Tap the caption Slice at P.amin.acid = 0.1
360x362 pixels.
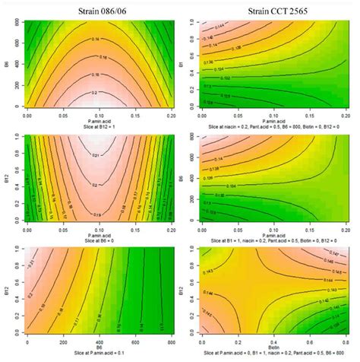pos(92,354)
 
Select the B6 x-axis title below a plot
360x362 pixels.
pos(92,348)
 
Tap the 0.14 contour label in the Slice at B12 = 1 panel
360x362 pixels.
pos(92,36)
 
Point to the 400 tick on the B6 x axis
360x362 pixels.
pos(92,342)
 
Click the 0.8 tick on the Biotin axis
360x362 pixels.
pos(314,342)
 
